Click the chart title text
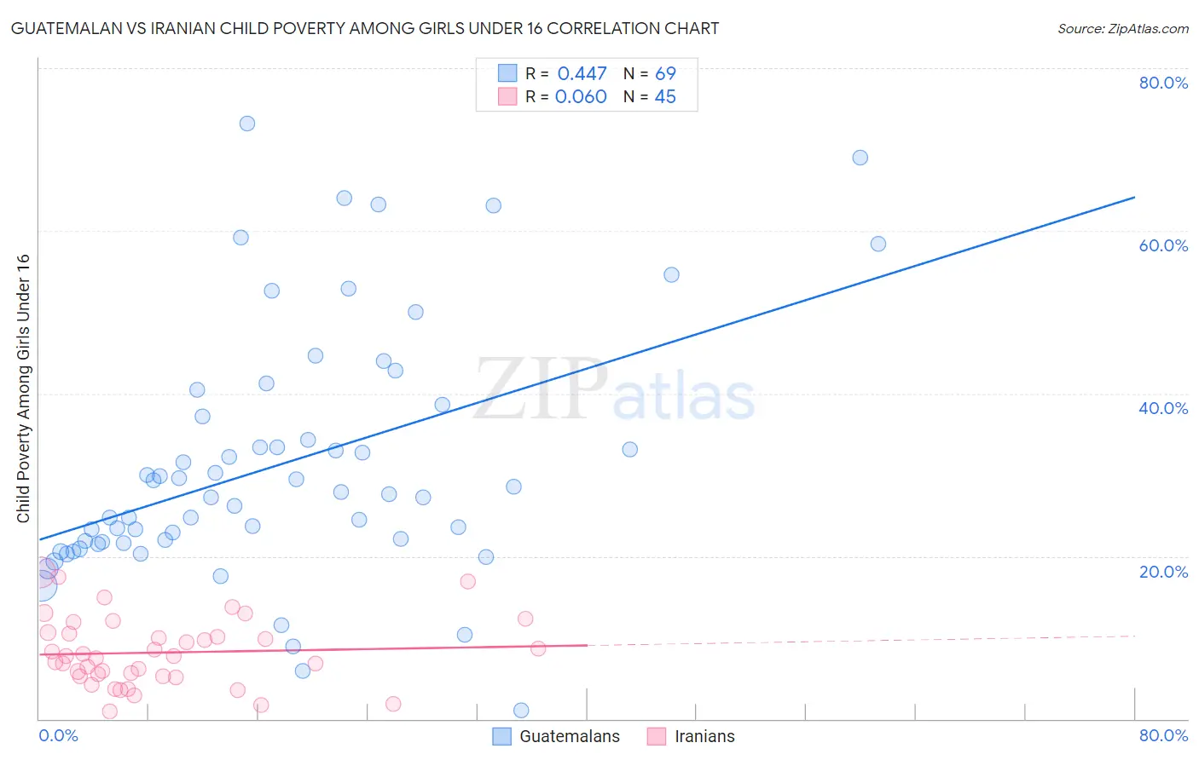tap(365, 28)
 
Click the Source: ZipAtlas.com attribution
tap(1122, 28)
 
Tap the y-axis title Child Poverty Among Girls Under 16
tap(23, 389)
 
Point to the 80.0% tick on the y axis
tap(1163, 83)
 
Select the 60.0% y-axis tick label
tap(1163, 245)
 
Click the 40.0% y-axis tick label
tap(1163, 408)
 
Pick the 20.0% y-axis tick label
tap(1163, 572)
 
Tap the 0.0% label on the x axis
tap(58, 735)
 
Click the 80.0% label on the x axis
tap(1163, 735)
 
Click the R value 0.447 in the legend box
tap(582, 74)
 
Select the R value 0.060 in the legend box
tap(581, 97)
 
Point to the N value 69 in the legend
tap(665, 74)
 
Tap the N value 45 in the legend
tap(665, 97)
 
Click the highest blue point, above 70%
tap(247, 124)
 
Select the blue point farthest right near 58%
tap(878, 244)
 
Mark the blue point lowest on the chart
tap(521, 711)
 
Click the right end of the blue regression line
tap(1134, 198)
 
